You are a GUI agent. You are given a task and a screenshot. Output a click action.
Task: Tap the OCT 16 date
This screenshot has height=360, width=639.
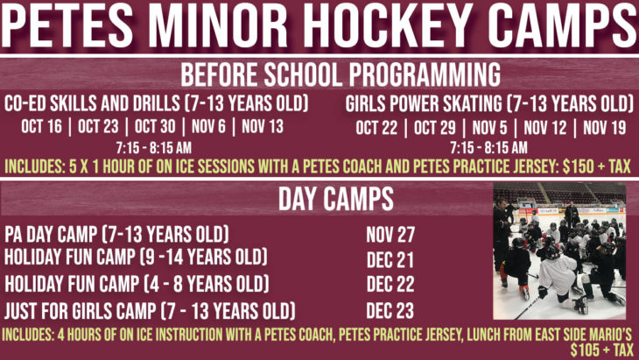click(41, 126)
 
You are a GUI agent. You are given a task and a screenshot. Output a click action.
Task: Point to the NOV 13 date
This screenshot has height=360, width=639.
click(263, 126)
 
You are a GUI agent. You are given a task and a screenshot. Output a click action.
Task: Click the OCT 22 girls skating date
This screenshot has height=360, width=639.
click(376, 128)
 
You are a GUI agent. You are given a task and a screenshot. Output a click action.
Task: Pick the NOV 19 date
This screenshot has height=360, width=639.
click(604, 128)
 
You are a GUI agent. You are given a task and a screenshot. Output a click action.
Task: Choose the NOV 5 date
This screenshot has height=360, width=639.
click(489, 128)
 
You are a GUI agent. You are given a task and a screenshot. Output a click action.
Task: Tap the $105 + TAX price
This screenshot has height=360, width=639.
click(602, 350)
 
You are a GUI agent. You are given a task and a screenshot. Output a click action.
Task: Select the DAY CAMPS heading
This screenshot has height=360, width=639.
click(336, 199)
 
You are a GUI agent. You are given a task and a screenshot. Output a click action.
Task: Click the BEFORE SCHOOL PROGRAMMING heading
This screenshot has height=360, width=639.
click(341, 74)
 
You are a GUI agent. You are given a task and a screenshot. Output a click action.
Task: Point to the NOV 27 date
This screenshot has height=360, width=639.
click(390, 235)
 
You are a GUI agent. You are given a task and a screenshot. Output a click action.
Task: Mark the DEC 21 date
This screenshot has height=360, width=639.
click(390, 259)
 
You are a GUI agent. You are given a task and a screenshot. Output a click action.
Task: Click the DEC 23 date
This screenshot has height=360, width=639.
click(390, 311)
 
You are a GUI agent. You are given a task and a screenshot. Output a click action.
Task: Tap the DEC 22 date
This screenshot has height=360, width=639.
click(390, 284)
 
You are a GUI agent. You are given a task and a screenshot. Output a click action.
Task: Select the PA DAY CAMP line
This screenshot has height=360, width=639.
click(116, 235)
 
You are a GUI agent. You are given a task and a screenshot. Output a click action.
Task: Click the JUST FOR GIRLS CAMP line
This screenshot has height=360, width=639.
click(150, 311)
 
